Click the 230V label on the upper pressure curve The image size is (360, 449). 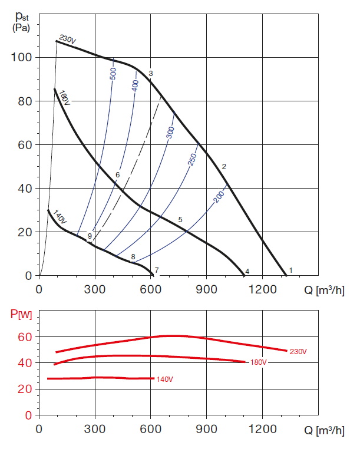[x=68, y=40]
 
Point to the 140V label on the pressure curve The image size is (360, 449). [x=61, y=216]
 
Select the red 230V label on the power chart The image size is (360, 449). [x=298, y=352]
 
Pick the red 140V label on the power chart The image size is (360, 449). [x=164, y=379]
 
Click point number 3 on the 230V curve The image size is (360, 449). [x=151, y=74]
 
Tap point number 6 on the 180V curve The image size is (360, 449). [x=118, y=175]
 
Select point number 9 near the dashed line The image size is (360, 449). [x=90, y=236]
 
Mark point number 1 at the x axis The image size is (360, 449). [x=290, y=270]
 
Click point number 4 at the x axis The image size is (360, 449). [x=247, y=272]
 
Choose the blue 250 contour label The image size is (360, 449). [x=191, y=159]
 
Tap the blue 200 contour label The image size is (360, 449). [x=219, y=197]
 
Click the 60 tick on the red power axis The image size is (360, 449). [x=23, y=337]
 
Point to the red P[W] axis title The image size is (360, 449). [x=21, y=313]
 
